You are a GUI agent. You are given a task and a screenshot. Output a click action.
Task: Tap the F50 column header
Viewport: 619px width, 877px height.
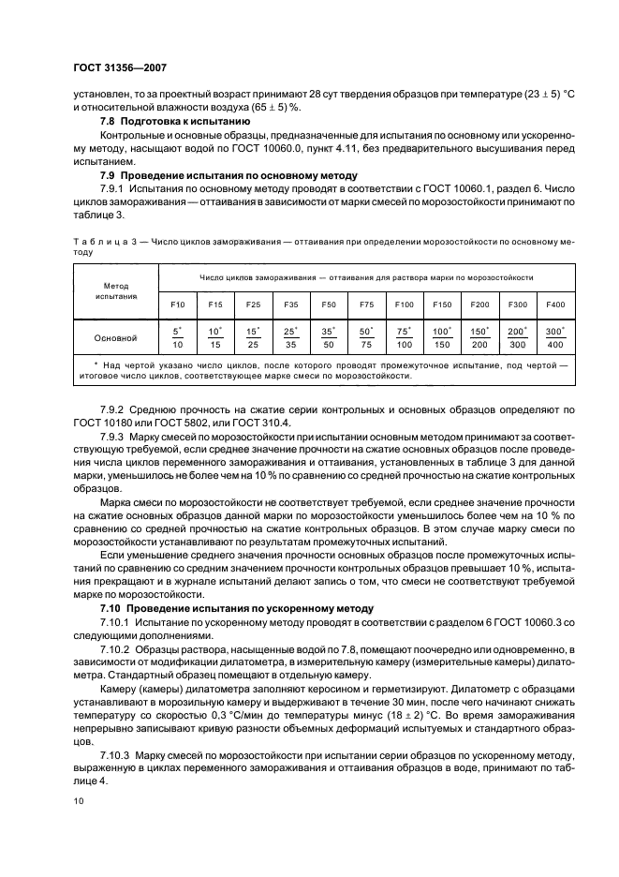click(x=328, y=305)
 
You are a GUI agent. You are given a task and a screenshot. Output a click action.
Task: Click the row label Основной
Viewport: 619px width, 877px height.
click(x=117, y=337)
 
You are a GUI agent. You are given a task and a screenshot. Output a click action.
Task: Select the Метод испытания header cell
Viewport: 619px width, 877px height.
click(x=117, y=290)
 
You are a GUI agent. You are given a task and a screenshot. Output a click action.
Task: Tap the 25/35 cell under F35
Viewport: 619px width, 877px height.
click(x=290, y=337)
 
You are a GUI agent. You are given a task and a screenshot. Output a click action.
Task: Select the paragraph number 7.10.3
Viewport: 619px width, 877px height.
click(x=118, y=753)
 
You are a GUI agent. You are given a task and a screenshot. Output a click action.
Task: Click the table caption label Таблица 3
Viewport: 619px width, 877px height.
click(x=103, y=242)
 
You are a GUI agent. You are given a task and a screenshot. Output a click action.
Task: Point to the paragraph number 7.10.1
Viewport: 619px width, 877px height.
click(x=118, y=621)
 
